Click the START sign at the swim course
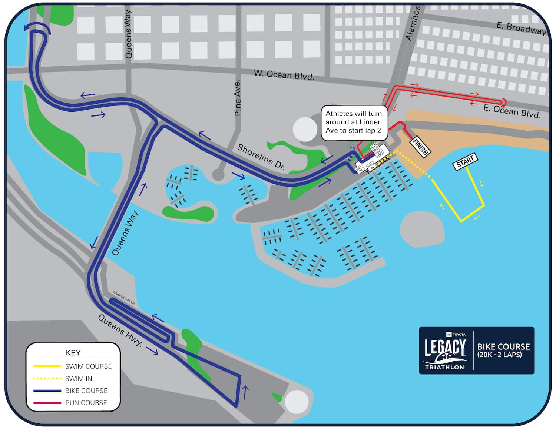465,162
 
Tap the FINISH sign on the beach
420,147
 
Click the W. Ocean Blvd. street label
284,75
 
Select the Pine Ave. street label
238,98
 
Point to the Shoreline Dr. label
261,157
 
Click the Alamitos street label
413,23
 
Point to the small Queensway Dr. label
124,297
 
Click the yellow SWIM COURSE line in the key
47,366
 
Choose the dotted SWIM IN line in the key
47,378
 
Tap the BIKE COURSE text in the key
86,391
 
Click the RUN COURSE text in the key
86,403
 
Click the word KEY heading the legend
73,352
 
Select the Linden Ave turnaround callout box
353,122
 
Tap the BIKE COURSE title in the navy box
503,347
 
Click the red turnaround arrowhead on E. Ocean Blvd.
503,102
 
